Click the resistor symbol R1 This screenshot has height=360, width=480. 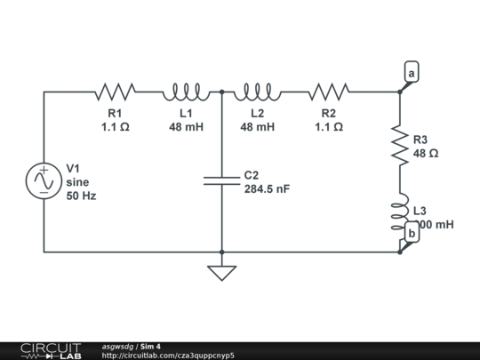pyautogui.click(x=115, y=91)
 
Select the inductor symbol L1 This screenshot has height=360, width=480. pyautogui.click(x=186, y=91)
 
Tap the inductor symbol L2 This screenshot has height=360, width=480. pyautogui.click(x=257, y=91)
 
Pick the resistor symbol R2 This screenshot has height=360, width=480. pyautogui.click(x=328, y=91)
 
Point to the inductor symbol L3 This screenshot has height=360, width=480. pyautogui.click(x=400, y=212)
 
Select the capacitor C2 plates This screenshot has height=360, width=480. pyautogui.click(x=221, y=180)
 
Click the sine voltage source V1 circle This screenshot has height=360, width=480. pyautogui.click(x=44, y=180)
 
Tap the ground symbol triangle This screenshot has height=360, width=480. pyautogui.click(x=221, y=272)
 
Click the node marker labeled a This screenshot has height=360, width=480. pyautogui.click(x=411, y=73)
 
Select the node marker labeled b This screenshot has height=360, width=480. pyautogui.click(x=411, y=234)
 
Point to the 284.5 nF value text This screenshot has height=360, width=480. pyautogui.click(x=267, y=189)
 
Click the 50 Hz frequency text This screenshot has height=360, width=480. pyautogui.click(x=81, y=196)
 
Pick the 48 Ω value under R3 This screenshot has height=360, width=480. pyautogui.click(x=426, y=154)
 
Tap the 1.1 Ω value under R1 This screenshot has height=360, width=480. pyautogui.click(x=115, y=127)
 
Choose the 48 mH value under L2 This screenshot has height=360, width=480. pyautogui.click(x=257, y=127)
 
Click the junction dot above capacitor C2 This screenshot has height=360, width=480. pyautogui.click(x=221, y=91)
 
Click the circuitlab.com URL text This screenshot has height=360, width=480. pyautogui.click(x=168, y=356)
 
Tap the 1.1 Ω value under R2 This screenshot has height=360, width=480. pyautogui.click(x=328, y=127)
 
